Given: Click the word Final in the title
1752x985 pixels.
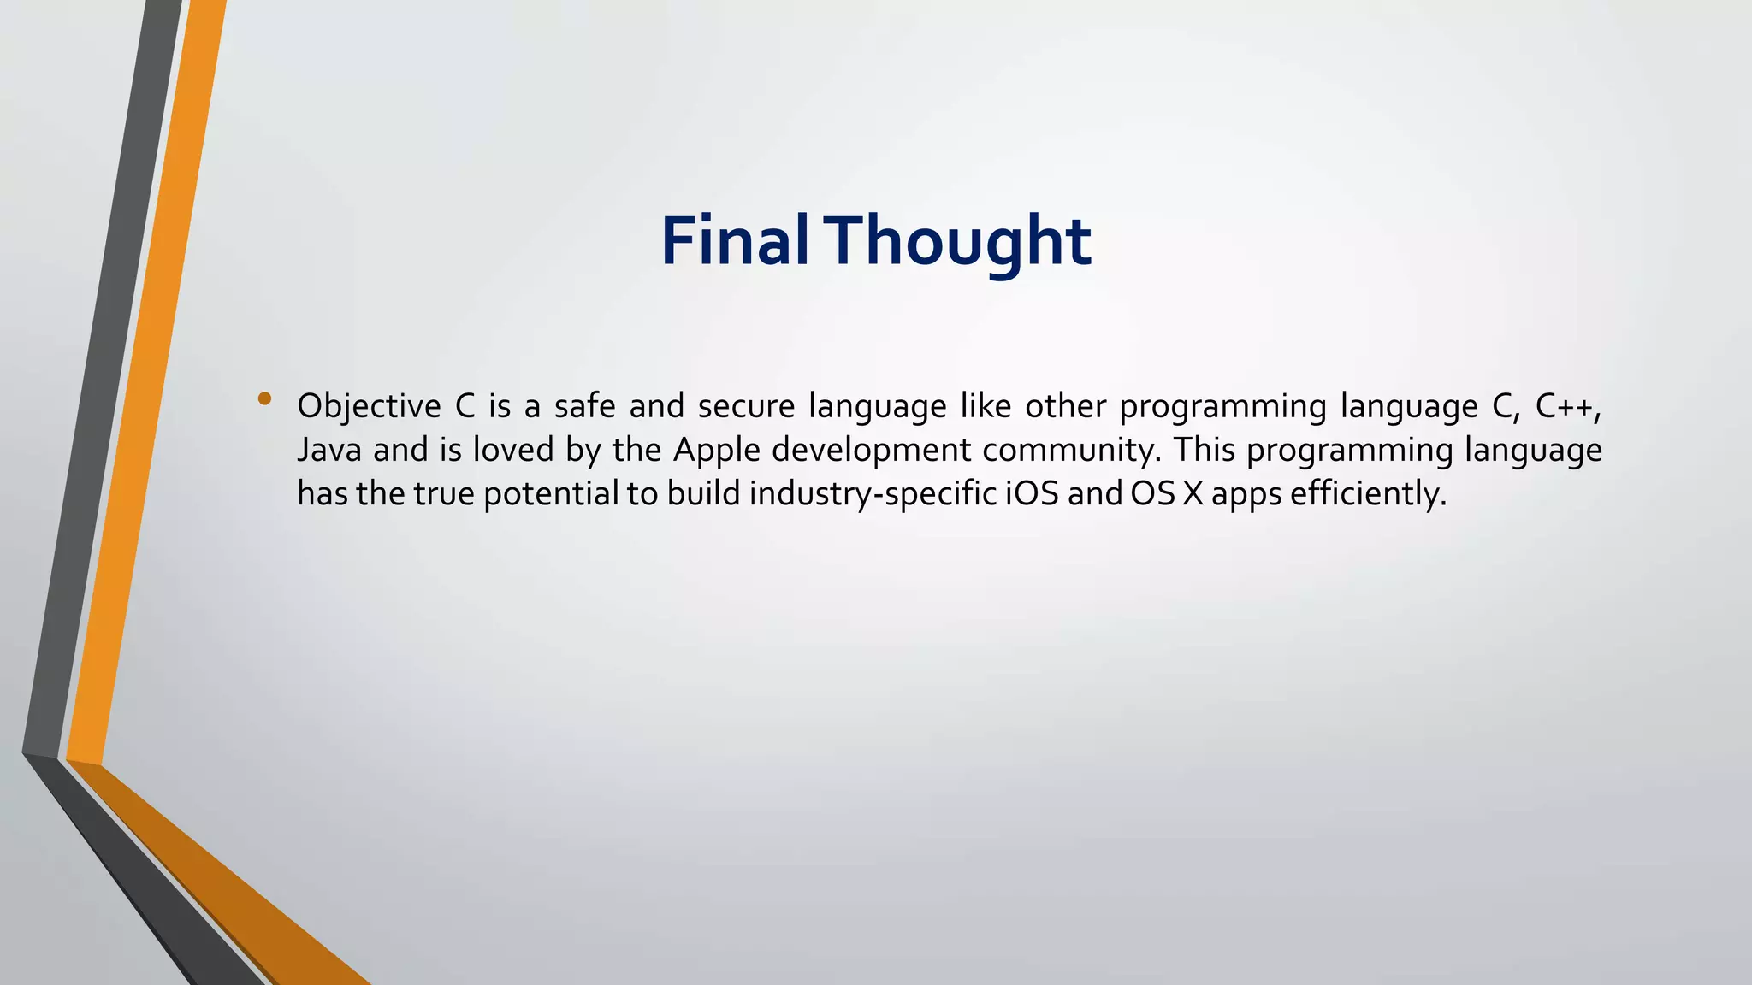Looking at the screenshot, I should click(x=734, y=241).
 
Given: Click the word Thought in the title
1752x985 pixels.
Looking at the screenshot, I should click(x=962, y=241).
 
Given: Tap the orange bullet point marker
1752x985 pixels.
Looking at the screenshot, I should click(x=264, y=398).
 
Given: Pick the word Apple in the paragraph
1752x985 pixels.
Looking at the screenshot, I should click(x=717, y=451).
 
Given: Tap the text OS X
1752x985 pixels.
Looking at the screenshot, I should click(x=1167, y=494).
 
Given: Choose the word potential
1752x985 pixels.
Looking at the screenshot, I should click(x=551, y=494).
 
